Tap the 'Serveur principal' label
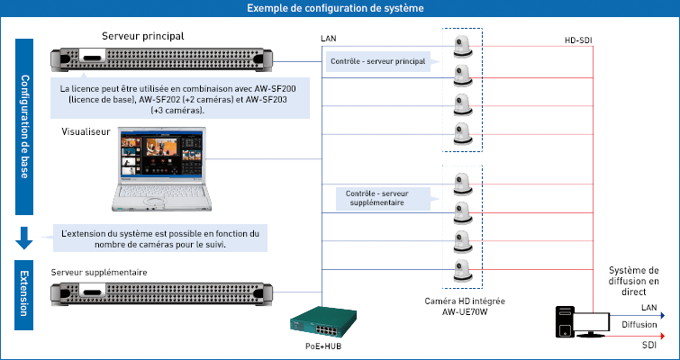point(143,37)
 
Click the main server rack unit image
point(161,60)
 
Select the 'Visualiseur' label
point(86,131)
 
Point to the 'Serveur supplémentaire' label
point(99,272)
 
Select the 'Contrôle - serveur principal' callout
point(378,62)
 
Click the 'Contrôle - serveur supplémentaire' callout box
point(377,198)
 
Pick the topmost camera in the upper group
point(462,47)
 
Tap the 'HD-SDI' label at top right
point(578,41)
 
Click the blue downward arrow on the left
point(25,238)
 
